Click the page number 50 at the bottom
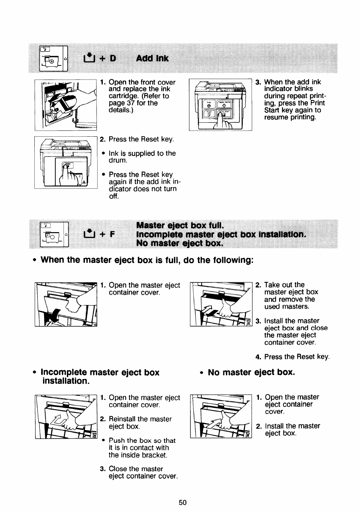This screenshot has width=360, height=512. pyautogui.click(x=182, y=502)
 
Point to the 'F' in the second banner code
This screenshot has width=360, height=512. pyautogui.click(x=112, y=234)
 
